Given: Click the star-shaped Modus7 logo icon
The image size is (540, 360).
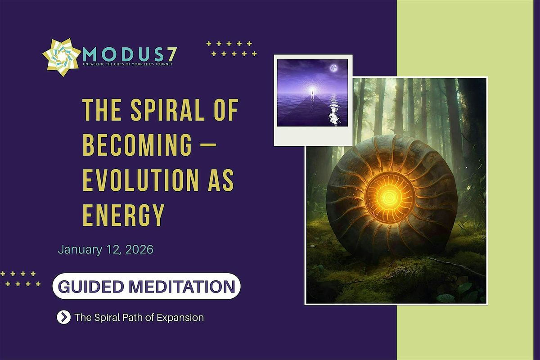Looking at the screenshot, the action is pyautogui.click(x=62, y=57).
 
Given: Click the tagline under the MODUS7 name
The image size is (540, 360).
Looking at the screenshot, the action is pyautogui.click(x=128, y=64).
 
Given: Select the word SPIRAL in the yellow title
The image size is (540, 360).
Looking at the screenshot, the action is pyautogui.click(x=167, y=110).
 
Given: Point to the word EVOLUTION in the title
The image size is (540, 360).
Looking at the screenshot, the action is pyautogui.click(x=140, y=180).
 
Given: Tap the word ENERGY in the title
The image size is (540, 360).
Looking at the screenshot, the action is pyautogui.click(x=124, y=215).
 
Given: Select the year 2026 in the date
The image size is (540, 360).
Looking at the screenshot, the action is pyautogui.click(x=139, y=249).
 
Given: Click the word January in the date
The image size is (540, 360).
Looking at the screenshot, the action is pyautogui.click(x=80, y=250).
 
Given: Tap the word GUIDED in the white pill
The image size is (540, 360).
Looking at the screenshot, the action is pyautogui.click(x=90, y=287).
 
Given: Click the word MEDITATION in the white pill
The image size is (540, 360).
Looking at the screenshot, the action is pyautogui.click(x=182, y=287).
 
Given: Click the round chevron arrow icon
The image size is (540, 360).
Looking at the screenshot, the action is pyautogui.click(x=63, y=317).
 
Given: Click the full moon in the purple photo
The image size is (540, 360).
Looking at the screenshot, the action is pyautogui.click(x=333, y=68).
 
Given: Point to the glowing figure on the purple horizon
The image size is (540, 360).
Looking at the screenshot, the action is pyautogui.click(x=312, y=92).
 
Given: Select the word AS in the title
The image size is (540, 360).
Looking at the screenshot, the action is pyautogui.click(x=221, y=180).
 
